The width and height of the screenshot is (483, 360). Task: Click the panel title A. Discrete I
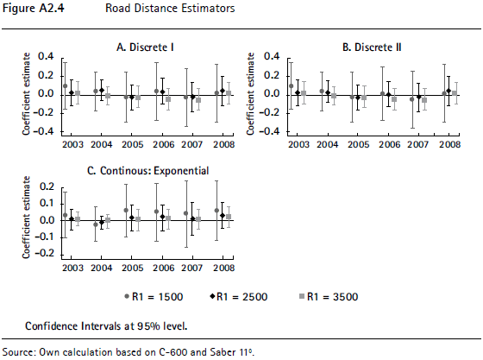145,47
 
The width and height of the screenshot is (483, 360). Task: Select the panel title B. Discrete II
372,47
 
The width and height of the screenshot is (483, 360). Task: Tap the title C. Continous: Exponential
148,171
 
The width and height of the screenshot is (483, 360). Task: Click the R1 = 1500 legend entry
154,297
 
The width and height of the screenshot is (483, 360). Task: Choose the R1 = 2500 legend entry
239,297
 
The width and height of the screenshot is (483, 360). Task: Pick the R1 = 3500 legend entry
329,297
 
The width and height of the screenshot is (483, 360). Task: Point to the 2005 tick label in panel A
133,144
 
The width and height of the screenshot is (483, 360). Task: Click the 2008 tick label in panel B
449,144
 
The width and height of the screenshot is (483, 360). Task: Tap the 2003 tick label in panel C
72,268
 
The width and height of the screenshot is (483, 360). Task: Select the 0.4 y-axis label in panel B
272,56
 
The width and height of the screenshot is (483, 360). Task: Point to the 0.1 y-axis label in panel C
47,204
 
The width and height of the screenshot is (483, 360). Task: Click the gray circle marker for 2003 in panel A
65,86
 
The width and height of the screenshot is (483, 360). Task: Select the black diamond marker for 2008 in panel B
448,91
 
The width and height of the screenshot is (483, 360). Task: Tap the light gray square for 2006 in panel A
168,99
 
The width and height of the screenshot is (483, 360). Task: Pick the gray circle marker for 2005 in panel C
126,210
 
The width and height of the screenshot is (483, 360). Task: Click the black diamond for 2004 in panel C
102,222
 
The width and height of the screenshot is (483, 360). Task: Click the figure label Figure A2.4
34,8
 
